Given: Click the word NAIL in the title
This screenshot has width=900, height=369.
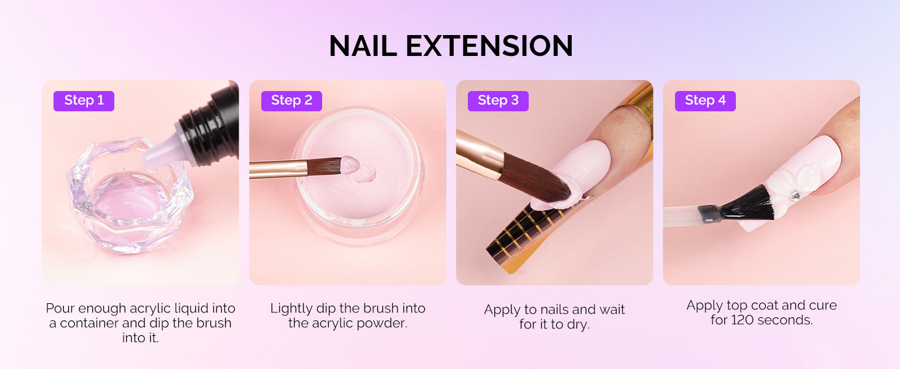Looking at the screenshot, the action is click(x=363, y=46).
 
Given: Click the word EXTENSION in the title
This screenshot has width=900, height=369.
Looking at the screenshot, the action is click(x=489, y=46).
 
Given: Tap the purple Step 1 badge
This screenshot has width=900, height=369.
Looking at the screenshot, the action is click(x=84, y=100).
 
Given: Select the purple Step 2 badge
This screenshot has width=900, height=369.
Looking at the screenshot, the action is click(x=291, y=100).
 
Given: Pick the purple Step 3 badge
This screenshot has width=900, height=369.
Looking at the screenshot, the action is click(x=498, y=100).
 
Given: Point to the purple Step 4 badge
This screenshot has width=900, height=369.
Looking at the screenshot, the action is click(x=705, y=100).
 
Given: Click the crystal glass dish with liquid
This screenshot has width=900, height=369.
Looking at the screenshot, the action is click(x=129, y=196).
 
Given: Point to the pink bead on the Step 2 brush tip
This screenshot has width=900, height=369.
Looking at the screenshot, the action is click(x=350, y=165).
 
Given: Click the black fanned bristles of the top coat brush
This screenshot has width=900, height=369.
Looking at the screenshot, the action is click(x=749, y=204).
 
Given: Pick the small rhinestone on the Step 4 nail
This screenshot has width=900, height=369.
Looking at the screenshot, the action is click(x=795, y=196).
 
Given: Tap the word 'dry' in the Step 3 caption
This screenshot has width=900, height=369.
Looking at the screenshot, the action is click(x=577, y=325).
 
